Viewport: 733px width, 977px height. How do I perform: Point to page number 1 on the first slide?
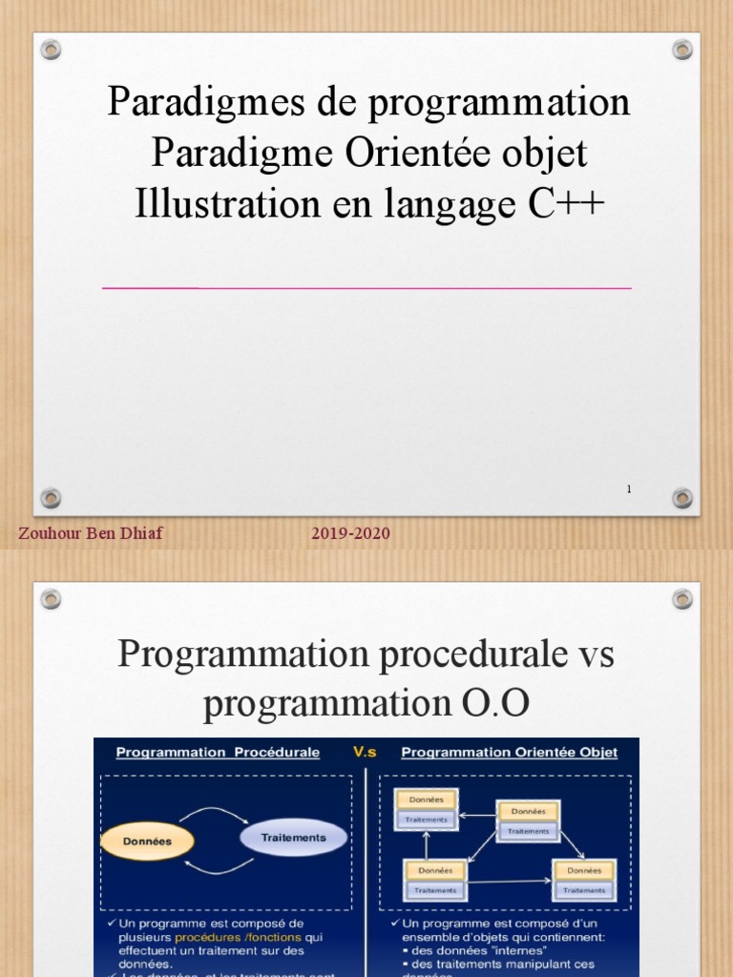click(629, 488)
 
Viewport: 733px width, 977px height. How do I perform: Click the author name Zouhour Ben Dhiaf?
click(91, 533)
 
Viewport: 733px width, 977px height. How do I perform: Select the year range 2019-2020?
click(350, 533)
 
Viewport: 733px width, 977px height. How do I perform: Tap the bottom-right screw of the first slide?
click(681, 497)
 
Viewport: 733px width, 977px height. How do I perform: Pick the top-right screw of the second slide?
click(681, 599)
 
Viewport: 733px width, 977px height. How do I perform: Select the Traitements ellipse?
click(293, 837)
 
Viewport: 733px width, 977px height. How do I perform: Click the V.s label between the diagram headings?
click(365, 752)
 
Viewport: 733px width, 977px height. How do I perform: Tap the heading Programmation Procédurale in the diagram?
click(218, 752)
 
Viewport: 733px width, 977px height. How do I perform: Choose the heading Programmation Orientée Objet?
click(509, 752)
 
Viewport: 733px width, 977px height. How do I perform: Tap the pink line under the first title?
click(366, 287)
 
